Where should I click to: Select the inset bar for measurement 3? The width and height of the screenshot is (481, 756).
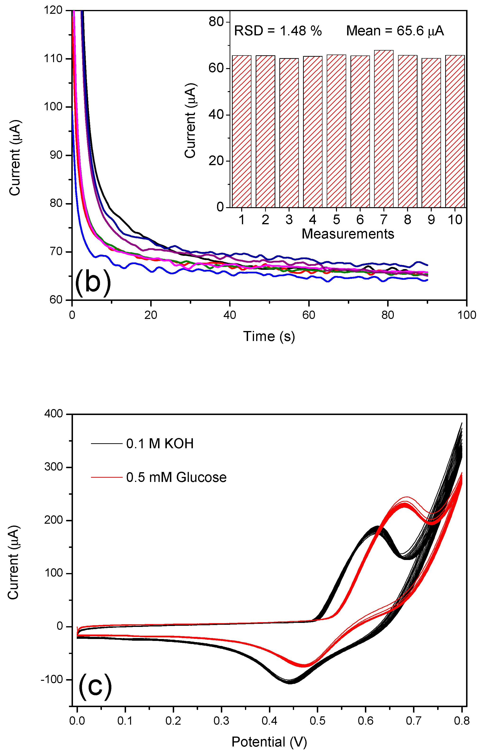(x=289, y=133)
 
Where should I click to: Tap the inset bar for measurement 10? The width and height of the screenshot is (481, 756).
(x=455, y=131)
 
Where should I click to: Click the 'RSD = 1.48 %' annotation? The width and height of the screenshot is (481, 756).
(x=278, y=31)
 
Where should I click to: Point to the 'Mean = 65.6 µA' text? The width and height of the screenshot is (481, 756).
(x=395, y=31)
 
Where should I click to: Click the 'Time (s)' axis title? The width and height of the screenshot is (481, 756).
(x=269, y=336)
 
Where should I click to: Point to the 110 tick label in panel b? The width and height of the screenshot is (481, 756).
(x=53, y=58)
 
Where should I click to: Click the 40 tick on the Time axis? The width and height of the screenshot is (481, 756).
(x=230, y=315)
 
